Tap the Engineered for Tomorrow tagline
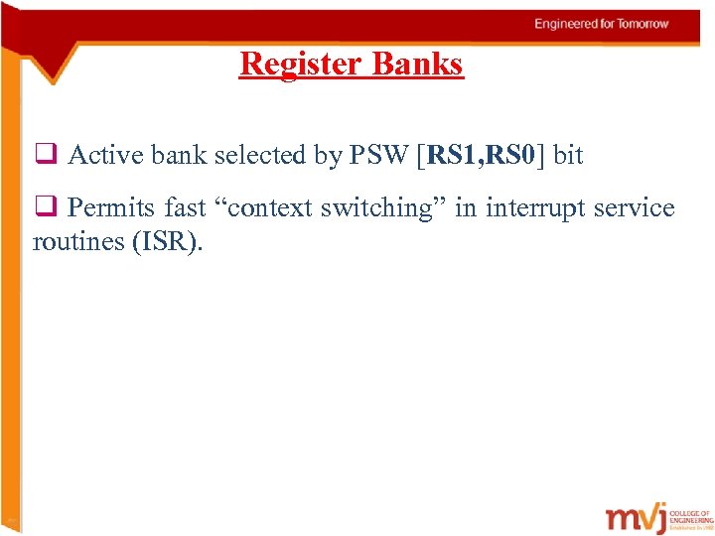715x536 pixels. pyautogui.click(x=602, y=24)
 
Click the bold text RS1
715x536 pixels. pyautogui.click(x=457, y=155)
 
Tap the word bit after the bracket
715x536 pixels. pyautogui.click(x=568, y=155)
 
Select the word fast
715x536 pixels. pyautogui.click(x=185, y=208)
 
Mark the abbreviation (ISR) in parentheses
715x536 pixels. pyautogui.click(x=166, y=241)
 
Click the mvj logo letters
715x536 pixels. pyautogui.click(x=643, y=518)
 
